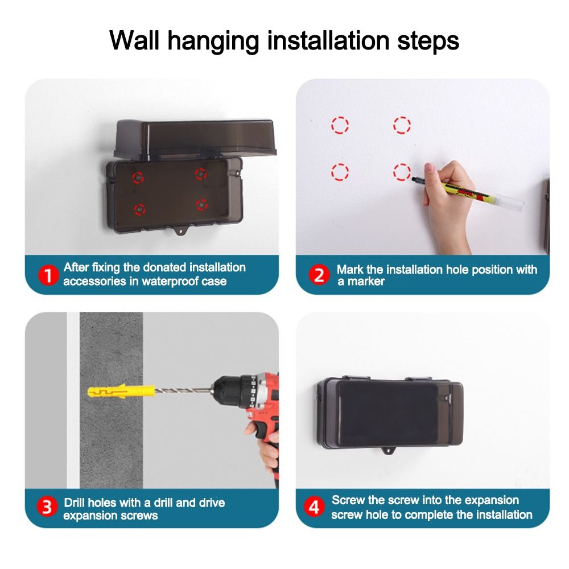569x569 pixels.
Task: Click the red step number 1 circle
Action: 48,275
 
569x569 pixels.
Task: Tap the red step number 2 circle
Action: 319,275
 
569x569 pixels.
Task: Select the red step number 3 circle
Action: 48,508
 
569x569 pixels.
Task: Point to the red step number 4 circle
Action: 313,508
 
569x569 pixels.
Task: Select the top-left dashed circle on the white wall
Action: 340,125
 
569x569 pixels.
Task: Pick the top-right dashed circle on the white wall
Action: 402,125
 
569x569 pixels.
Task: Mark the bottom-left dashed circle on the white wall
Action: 340,171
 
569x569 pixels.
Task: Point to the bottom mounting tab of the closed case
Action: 390,453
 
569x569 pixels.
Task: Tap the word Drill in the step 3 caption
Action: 76,502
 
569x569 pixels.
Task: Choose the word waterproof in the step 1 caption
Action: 172,281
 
